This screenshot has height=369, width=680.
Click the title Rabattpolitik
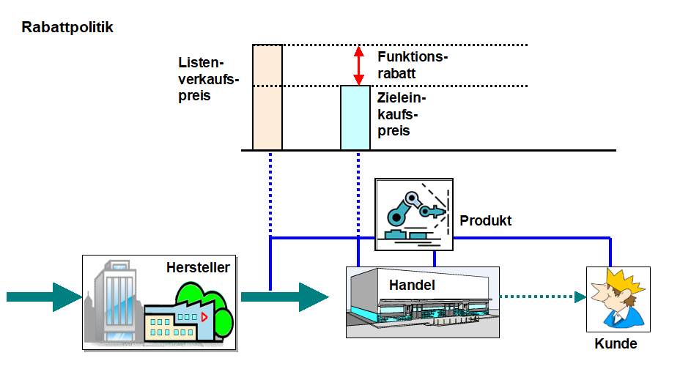pyautogui.click(x=67, y=28)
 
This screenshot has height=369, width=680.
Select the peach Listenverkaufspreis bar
pyautogui.click(x=267, y=97)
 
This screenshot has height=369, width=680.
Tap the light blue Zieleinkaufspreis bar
pyautogui.click(x=355, y=118)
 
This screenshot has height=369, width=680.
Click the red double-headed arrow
pyautogui.click(x=358, y=66)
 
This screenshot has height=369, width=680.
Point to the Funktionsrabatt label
pyautogui.click(x=413, y=64)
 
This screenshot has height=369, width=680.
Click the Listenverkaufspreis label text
pyautogui.click(x=208, y=79)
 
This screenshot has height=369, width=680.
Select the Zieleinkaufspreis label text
pyautogui.click(x=402, y=114)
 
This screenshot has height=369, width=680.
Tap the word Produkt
pyautogui.click(x=486, y=220)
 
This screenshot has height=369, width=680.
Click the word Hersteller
pyautogui.click(x=198, y=267)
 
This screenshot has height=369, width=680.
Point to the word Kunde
pyautogui.click(x=616, y=344)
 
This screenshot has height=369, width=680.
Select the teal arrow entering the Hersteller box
pyautogui.click(x=44, y=297)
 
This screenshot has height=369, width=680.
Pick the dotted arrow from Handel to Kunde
pyautogui.click(x=543, y=297)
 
